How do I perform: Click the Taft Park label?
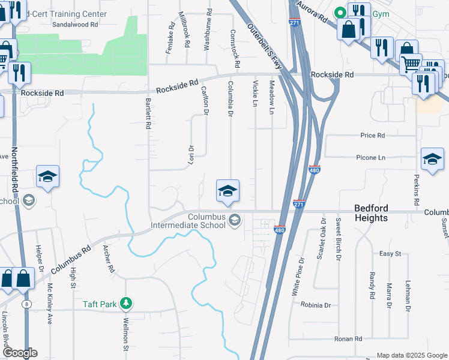tap(100, 304)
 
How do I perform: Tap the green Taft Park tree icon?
tap(125, 304)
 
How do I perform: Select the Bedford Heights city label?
tap(370, 213)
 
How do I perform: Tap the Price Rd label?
tap(372, 136)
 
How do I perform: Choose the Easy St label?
tap(390, 254)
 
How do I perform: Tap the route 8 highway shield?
tap(27, 304)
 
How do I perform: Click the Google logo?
tap(19, 353)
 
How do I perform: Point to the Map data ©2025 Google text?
tap(411, 355)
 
